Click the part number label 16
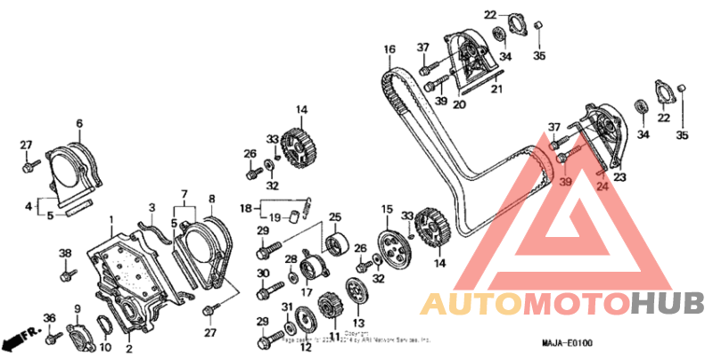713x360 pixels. pos(389,49)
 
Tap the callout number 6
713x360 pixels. pos(78,123)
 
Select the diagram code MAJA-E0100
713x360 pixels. pos(568,343)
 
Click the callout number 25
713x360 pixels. pos(335,217)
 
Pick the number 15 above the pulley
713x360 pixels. pos(387,209)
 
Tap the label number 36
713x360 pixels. pos(50,318)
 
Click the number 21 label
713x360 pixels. pos(497,89)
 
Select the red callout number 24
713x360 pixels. pos(602,187)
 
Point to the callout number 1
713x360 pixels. pos(111,219)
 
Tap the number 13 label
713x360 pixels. pos(359,323)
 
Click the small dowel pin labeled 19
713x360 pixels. pos(292,217)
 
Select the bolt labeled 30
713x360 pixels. pos(266,291)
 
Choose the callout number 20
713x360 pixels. pos(460,104)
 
